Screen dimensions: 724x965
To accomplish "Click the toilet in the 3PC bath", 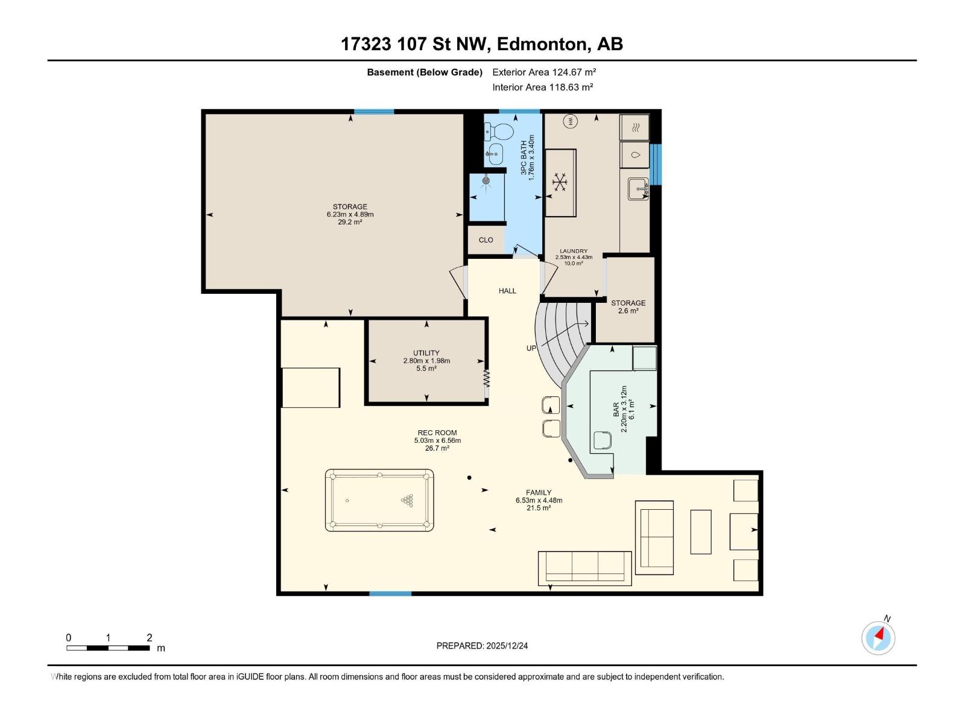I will pos(499,130).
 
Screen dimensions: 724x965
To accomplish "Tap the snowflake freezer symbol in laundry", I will pos(560,182).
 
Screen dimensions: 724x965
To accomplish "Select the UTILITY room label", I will pos(426,360).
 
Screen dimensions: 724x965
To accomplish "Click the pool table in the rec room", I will pos(379,500).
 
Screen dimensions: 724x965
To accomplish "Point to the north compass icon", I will pos(878,638).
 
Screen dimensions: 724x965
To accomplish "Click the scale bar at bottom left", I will pos(108,648).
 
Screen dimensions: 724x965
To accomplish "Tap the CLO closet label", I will pos(486,240).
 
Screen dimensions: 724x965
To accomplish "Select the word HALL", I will pos(507,291).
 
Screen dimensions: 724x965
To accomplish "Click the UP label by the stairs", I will pos(531,348).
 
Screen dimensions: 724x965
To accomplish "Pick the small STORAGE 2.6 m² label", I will pos(628,306).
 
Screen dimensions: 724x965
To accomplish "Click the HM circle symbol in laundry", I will pos(571,121).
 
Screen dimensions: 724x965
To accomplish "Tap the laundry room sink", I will pos(638,189).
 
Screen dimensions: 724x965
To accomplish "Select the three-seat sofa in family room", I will pos(584,568).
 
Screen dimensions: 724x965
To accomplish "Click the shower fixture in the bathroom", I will pos(486,180).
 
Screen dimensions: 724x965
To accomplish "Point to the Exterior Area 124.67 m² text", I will pos(544,72).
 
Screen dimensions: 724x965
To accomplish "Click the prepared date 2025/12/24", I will pos(482,646).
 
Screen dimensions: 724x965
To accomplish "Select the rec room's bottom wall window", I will pos(390,594).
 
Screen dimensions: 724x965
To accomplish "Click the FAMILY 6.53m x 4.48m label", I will pos(539,500).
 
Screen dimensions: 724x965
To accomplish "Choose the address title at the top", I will pos(481,44).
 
